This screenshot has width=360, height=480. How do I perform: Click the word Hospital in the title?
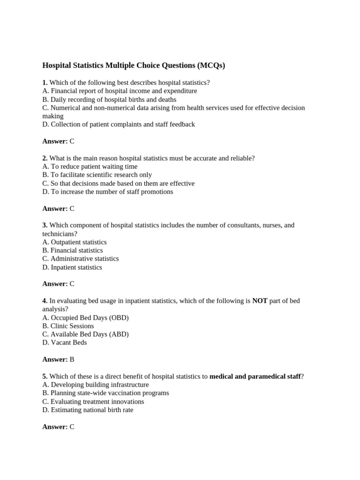coord(57,66)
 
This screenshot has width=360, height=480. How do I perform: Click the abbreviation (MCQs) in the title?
coord(211,66)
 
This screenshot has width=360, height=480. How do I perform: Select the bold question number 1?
coord(45,82)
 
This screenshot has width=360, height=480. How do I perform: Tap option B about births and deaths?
coord(109,99)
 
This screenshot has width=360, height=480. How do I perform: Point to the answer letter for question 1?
coord(72,141)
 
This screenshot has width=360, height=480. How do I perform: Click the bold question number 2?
coord(45,158)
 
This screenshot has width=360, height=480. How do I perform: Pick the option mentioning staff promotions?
coord(108,192)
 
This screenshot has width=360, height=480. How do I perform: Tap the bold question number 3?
coord(45,225)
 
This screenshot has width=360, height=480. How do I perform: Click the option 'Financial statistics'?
coord(73,250)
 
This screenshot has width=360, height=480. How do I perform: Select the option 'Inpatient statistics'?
coord(72,267)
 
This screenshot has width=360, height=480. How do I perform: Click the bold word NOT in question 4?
coord(260,301)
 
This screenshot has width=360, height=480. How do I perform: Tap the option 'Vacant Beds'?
coord(65,343)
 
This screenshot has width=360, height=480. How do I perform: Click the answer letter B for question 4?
coord(72,360)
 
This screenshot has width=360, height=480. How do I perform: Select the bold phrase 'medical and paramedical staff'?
coord(255,376)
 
